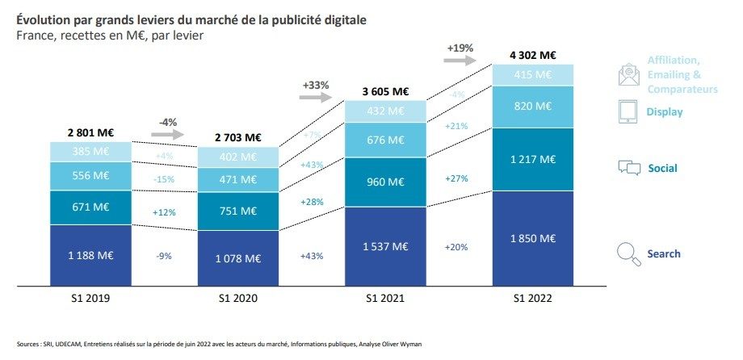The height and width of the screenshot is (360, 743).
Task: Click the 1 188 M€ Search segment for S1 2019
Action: (90, 255)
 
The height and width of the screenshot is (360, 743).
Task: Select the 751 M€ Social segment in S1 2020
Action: (238, 211)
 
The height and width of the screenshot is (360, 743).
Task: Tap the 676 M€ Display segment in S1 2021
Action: (385, 140)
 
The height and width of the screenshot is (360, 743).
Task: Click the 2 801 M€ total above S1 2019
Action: (90, 131)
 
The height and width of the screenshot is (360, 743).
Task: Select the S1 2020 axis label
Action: (238, 298)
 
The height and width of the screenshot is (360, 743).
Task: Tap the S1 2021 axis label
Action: (385, 298)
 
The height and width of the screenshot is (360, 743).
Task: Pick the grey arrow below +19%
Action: (460, 61)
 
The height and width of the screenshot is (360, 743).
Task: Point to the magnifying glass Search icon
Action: (628, 254)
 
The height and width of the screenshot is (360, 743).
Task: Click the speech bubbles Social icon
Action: (629, 168)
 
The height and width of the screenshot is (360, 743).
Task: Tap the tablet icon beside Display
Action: (628, 111)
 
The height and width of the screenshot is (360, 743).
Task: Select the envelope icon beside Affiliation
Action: (628, 75)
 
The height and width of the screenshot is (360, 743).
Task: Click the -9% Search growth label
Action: (164, 256)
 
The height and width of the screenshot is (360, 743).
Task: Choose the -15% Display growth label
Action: (164, 179)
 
